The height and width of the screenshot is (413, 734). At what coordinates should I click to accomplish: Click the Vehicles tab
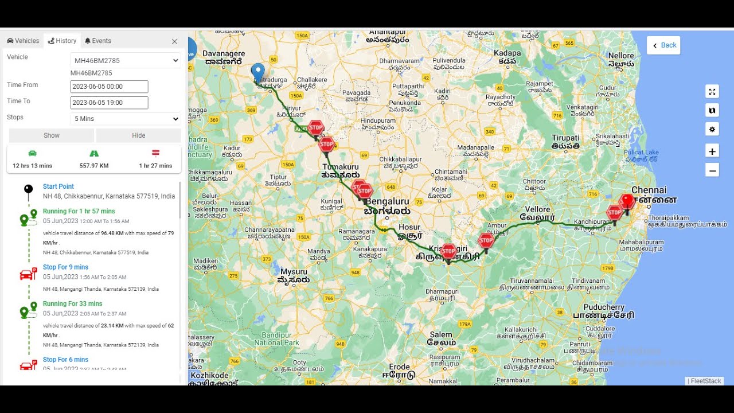tap(23, 41)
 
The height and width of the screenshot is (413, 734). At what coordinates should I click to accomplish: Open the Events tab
tap(97, 41)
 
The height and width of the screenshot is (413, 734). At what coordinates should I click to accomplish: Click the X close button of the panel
tap(174, 41)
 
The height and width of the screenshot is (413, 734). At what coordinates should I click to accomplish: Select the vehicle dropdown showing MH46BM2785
tap(126, 60)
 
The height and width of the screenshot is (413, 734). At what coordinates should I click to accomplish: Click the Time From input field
tap(109, 87)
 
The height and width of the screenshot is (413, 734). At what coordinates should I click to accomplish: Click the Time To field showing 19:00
tap(109, 103)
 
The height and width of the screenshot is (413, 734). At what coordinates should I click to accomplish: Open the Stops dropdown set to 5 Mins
tap(126, 119)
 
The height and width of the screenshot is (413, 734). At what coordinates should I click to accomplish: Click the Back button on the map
tap(664, 45)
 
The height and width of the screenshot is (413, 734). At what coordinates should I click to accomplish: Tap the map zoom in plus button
tap(712, 151)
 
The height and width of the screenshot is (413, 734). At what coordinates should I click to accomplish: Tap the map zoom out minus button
tap(712, 170)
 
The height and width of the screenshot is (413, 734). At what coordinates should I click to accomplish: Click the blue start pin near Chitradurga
tap(258, 72)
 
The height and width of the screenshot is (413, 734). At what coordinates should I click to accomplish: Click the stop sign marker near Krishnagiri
tap(448, 251)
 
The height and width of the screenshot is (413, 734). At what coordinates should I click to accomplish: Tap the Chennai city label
tap(649, 190)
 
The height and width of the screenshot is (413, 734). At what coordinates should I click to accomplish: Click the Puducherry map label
tap(603, 307)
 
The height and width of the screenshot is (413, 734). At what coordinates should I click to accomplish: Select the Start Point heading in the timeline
tap(58, 186)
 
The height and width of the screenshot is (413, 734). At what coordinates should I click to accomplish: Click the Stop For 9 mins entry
tap(65, 267)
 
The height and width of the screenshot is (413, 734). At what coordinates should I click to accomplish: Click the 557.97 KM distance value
tap(94, 166)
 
